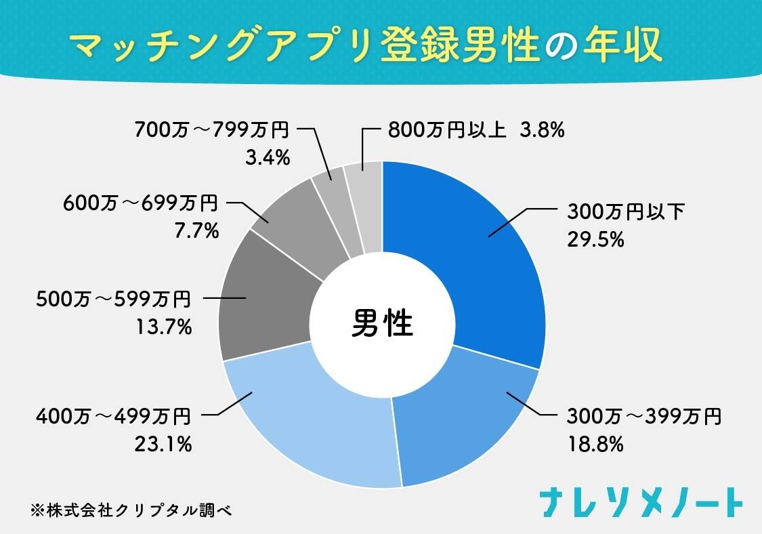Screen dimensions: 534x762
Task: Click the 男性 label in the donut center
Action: [382, 324]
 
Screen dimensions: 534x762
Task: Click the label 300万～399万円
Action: [644, 416]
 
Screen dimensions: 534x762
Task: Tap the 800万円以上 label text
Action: [447, 129]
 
